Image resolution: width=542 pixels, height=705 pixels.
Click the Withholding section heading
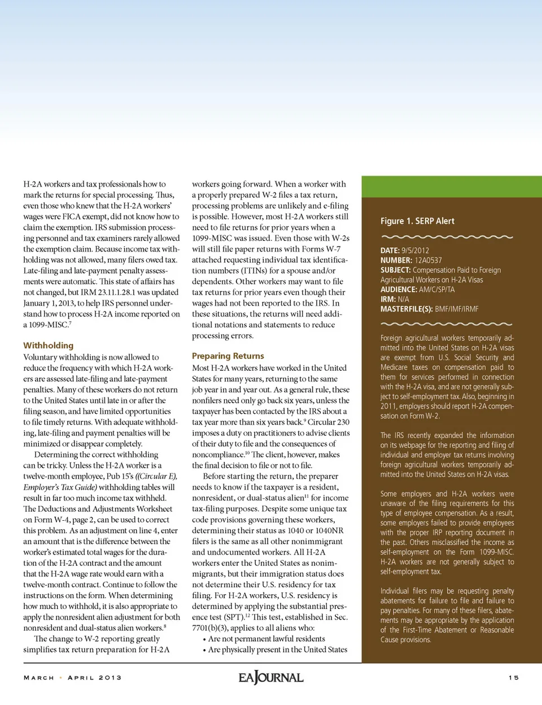coord(49,345)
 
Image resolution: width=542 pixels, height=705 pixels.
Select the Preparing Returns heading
coord(228,356)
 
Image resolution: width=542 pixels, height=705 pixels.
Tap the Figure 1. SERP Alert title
coord(417,221)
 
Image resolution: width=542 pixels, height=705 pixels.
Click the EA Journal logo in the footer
coord(271,677)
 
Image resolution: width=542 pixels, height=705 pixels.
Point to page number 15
coord(513,678)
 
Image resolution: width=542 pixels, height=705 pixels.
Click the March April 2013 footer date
coord(72,678)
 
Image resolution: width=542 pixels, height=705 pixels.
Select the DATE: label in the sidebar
coord(390,250)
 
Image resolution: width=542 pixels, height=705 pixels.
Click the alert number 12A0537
coord(429,261)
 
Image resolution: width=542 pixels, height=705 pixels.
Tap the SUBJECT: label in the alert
coord(395,270)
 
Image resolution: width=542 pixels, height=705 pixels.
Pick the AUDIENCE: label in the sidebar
coord(399,289)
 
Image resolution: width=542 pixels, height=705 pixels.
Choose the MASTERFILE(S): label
coord(406,309)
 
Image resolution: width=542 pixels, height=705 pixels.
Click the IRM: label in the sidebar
coord(388,300)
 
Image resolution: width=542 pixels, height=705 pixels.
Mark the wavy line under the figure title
coord(447,237)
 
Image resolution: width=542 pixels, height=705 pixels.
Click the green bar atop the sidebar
coord(452,187)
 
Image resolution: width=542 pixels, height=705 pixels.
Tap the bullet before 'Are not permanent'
coord(204,639)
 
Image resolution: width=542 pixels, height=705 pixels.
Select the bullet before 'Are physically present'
coord(204,650)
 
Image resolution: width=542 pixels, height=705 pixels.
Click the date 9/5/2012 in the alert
coord(416,250)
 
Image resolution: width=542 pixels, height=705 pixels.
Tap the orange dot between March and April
coord(61,678)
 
